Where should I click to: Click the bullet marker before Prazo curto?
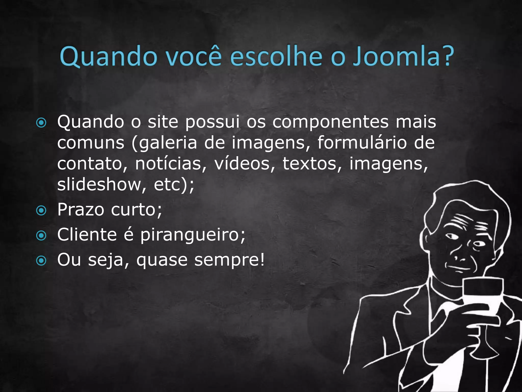(41, 211)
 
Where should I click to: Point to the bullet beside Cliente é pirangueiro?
(41, 236)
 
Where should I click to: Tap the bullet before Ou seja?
(41, 261)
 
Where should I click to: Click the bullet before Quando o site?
(41, 123)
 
